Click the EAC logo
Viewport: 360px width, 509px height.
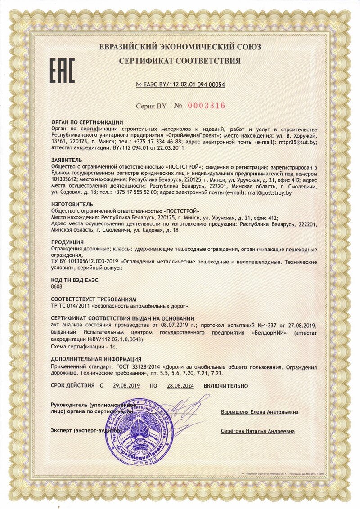coord(62,70)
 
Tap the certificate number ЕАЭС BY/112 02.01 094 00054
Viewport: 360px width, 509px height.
coord(180,84)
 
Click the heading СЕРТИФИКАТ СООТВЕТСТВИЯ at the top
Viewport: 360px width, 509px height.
coord(180,61)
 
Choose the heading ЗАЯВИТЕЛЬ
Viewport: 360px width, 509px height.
coord(67,160)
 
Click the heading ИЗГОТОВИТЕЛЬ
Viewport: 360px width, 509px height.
coord(73,204)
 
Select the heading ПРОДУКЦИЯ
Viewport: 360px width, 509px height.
coord(68,242)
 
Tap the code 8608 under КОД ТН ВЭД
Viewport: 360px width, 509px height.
coord(57,286)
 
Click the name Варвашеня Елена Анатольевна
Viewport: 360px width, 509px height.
coord(260,412)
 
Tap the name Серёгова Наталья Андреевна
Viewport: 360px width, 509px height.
coord(258,431)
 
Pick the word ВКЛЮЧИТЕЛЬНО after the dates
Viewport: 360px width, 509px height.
coord(226,386)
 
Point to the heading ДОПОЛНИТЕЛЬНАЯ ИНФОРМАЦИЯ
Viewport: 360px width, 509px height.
coord(96,359)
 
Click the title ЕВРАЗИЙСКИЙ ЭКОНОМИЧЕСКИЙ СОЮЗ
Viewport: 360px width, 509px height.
coord(180,47)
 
